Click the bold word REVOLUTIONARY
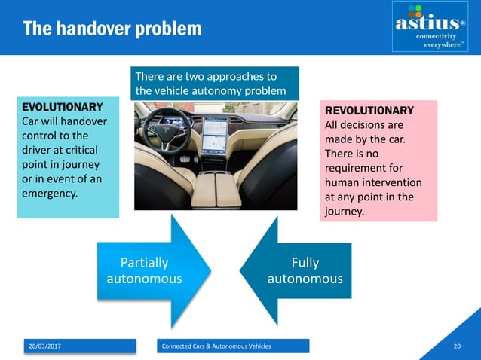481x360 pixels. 369,110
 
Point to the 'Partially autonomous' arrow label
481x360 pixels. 144,270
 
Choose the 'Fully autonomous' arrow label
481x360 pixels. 305,270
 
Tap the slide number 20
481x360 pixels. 456,346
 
